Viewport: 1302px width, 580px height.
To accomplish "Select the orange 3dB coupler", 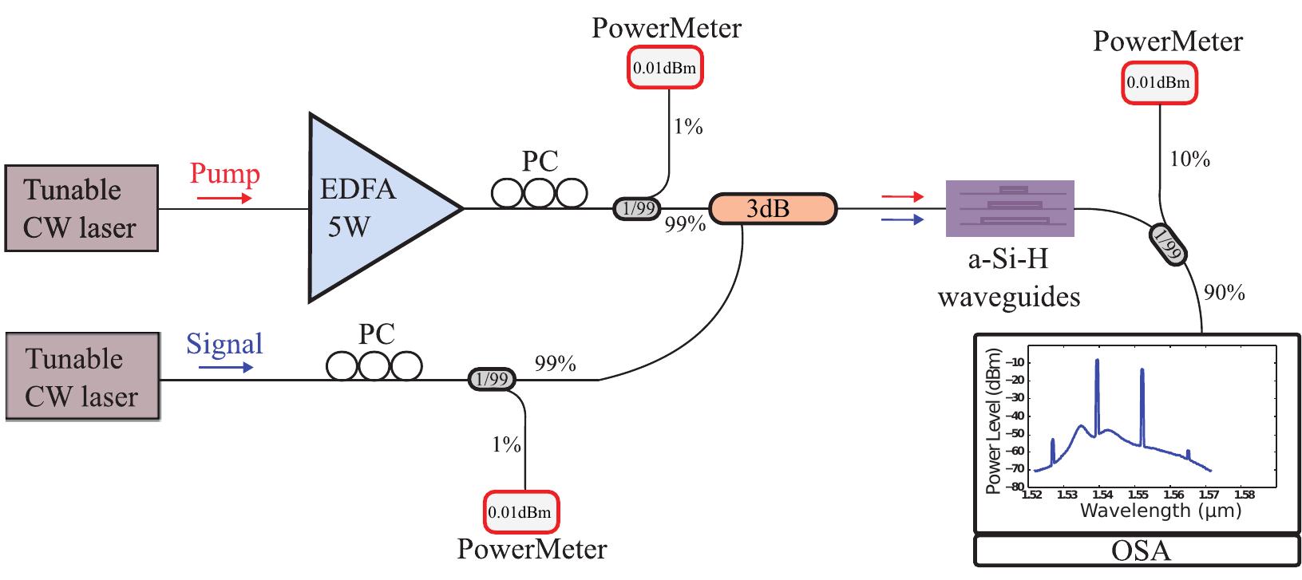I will click(x=772, y=209).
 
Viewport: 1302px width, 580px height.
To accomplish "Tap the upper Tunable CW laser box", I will click(x=81, y=208).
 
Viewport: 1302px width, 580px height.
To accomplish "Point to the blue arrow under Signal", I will click(x=226, y=368).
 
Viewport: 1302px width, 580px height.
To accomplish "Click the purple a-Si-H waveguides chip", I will click(x=1010, y=208).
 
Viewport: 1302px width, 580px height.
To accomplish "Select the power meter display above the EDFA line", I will click(x=665, y=69).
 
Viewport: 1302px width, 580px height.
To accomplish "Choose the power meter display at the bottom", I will click(x=520, y=512).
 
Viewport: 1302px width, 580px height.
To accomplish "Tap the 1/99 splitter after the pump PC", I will click(x=636, y=209).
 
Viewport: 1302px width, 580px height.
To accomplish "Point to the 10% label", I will click(x=1190, y=160).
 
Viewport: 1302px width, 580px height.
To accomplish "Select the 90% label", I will click(x=1224, y=294).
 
